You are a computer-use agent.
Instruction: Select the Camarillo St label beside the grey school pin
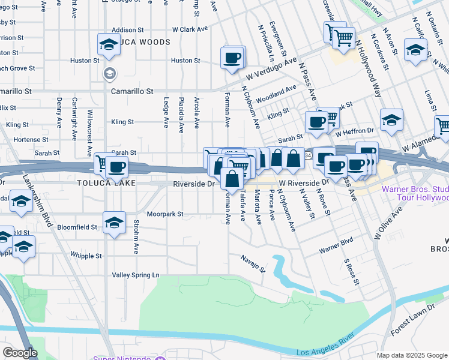click(x=132, y=91)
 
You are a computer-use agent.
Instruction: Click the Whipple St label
click(x=86, y=256)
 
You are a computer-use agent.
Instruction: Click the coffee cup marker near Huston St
click(x=232, y=58)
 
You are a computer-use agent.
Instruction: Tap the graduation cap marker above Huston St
click(x=109, y=44)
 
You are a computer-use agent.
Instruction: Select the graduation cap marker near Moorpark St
click(x=114, y=223)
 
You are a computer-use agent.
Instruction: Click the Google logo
click(x=20, y=353)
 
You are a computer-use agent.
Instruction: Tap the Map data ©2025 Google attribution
click(x=412, y=355)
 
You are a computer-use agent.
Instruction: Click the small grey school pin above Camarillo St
click(x=109, y=74)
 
